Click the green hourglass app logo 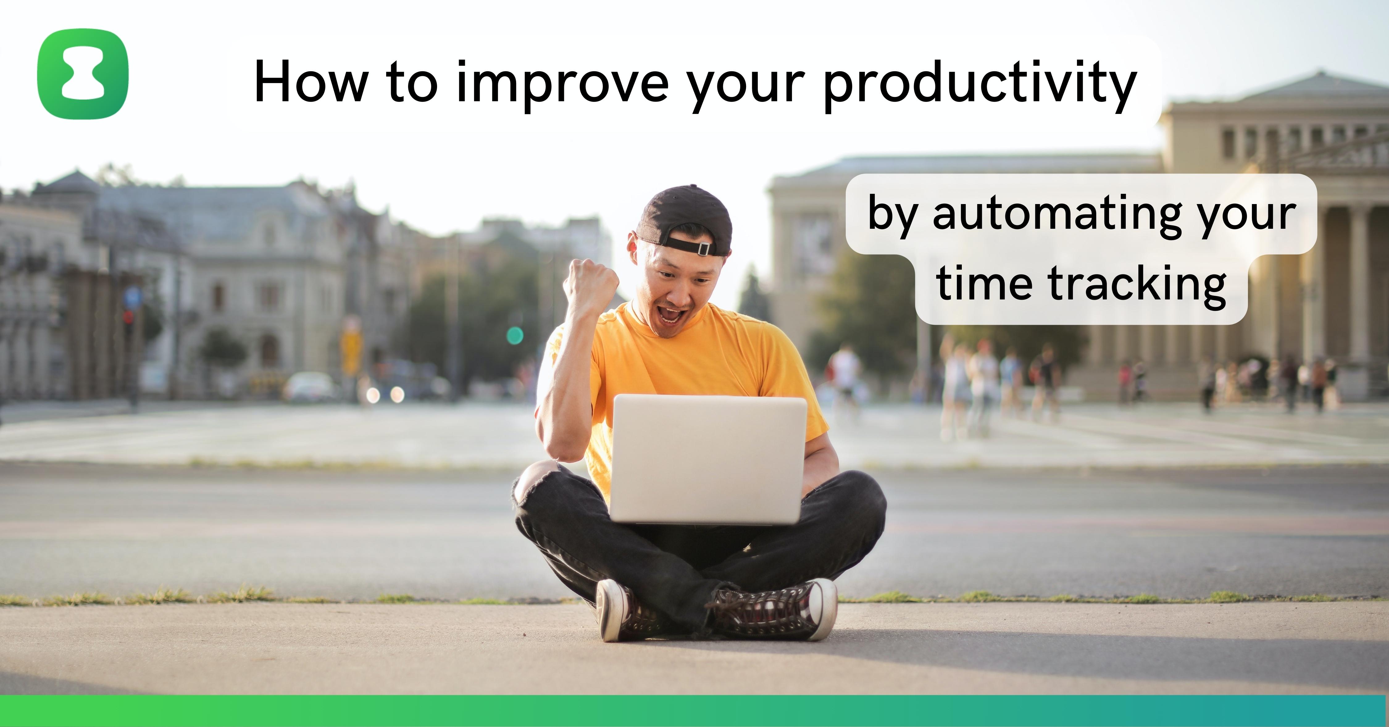coord(83,74)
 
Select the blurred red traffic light coord(128,317)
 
